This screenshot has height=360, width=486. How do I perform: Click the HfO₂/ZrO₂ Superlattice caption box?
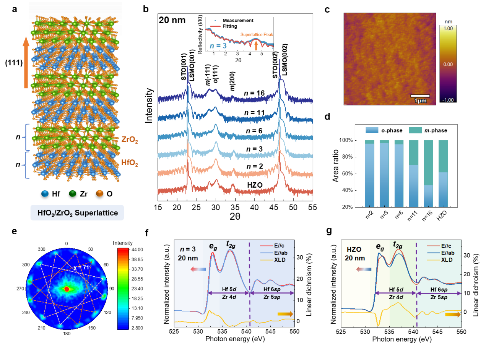[x=77, y=213]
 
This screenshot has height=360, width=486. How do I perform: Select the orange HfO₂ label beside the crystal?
[x=129, y=163]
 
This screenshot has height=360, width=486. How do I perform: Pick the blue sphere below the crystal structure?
[x=45, y=193]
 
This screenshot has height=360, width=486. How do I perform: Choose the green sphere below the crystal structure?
[x=72, y=193]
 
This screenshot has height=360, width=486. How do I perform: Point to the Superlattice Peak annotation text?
[x=257, y=35]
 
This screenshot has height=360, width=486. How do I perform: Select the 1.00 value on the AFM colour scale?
[x=448, y=28]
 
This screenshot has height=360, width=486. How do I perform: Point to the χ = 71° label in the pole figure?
[x=81, y=268]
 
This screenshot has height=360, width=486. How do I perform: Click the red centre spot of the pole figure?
[x=67, y=289]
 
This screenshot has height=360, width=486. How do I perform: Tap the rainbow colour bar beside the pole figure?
[x=123, y=289]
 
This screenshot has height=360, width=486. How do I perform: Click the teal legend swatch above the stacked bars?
[x=415, y=130]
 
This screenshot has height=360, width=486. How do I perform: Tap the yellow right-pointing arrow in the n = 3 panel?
[x=284, y=314]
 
